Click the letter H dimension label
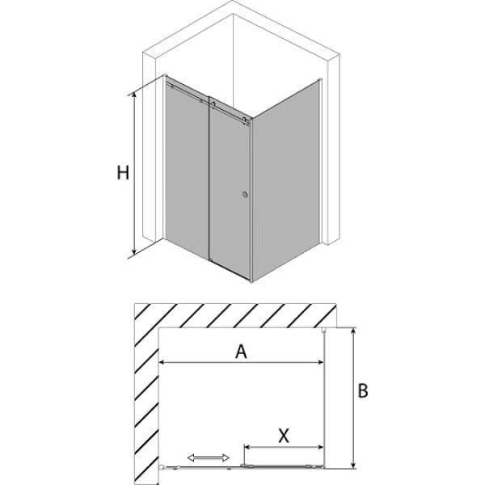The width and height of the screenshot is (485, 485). (x=123, y=173)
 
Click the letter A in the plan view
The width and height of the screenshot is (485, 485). (x=241, y=352)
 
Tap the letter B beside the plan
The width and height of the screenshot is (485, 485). (x=362, y=390)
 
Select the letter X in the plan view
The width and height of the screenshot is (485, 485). (x=284, y=436)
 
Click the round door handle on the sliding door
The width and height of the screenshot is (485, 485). (x=245, y=194)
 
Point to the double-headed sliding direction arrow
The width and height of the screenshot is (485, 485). (x=209, y=458)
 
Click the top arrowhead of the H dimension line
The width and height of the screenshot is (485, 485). (x=134, y=96)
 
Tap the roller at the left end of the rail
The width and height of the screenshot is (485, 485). (x=172, y=87)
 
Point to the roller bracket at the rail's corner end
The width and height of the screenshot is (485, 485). (x=247, y=121)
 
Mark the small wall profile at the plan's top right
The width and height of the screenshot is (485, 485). (x=324, y=330)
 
